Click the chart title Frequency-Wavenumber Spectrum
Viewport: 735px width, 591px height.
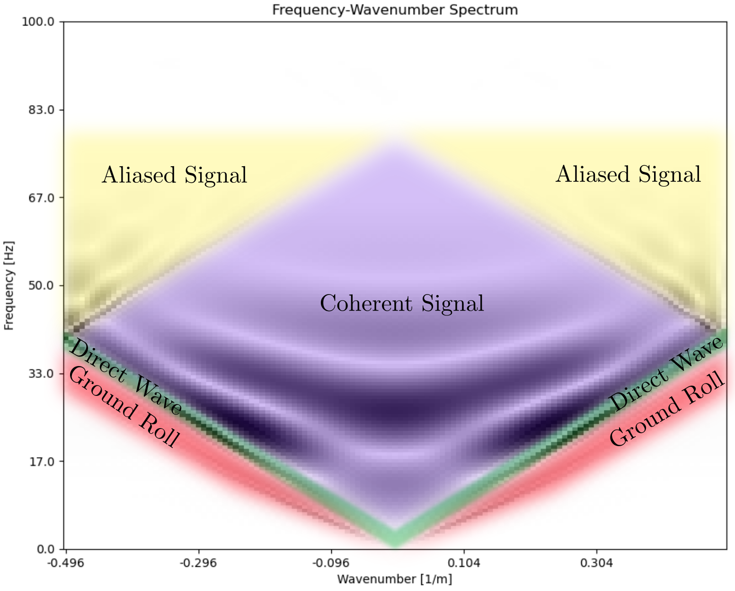click(x=395, y=9)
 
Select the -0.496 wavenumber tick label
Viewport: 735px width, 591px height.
click(x=66, y=564)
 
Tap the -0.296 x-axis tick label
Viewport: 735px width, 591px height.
click(x=198, y=564)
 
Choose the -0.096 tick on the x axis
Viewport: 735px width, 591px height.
click(x=331, y=564)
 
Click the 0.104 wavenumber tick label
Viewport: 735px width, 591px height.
click(x=464, y=564)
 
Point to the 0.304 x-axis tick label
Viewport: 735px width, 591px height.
click(x=596, y=564)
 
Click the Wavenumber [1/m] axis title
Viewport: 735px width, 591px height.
click(x=395, y=579)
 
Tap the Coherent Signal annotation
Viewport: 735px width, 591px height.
click(x=402, y=303)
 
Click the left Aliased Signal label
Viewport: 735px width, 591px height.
click(x=174, y=175)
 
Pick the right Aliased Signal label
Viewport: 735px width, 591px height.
click(x=628, y=174)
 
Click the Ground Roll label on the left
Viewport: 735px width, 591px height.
click(x=124, y=408)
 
